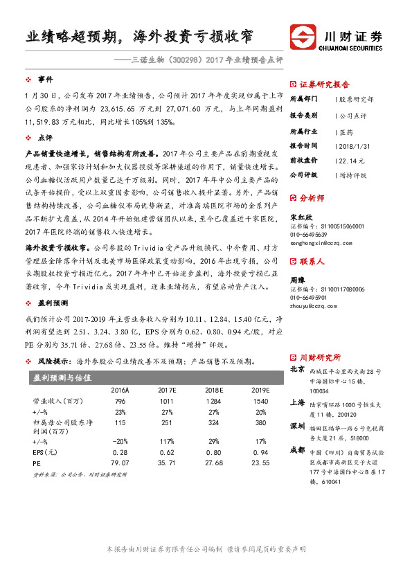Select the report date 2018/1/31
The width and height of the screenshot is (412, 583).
(355, 145)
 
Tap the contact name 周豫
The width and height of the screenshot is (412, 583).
(296, 280)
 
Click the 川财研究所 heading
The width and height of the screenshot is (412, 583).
(320, 357)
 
